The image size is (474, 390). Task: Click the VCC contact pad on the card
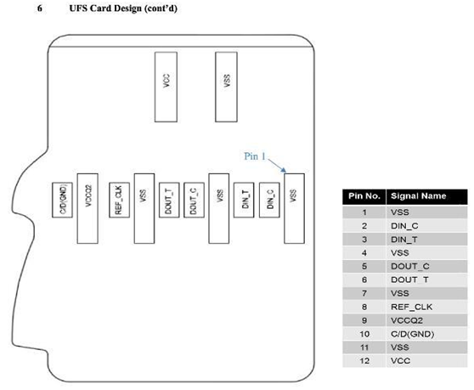pyautogui.click(x=166, y=87)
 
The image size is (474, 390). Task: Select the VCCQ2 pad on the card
pyautogui.click(x=87, y=208)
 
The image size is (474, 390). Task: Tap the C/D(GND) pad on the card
pyautogui.click(x=62, y=200)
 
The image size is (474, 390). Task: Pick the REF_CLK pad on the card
pyautogui.click(x=120, y=200)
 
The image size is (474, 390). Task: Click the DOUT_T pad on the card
pyautogui.click(x=169, y=200)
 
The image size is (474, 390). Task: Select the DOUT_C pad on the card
pyautogui.click(x=194, y=200)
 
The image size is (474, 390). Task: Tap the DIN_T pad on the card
pyautogui.click(x=244, y=200)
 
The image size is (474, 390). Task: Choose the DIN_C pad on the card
pyautogui.click(x=269, y=200)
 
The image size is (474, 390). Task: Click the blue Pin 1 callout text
pyautogui.click(x=255, y=156)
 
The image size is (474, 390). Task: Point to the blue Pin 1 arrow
pyautogui.click(x=277, y=166)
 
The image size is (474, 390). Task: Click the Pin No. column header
pyautogui.click(x=364, y=196)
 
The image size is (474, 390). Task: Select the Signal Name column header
pyautogui.click(x=419, y=196)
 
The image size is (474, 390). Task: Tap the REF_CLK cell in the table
pyautogui.click(x=411, y=308)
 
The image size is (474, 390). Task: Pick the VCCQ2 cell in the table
pyautogui.click(x=407, y=320)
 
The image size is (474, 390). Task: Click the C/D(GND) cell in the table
pyautogui.click(x=412, y=334)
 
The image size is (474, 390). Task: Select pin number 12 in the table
pyautogui.click(x=364, y=361)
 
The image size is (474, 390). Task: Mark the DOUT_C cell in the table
pyautogui.click(x=410, y=267)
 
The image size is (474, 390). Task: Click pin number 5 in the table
pyautogui.click(x=364, y=266)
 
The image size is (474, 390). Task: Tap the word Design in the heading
pyautogui.click(x=127, y=8)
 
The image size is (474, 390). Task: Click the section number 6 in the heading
pyautogui.click(x=40, y=8)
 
